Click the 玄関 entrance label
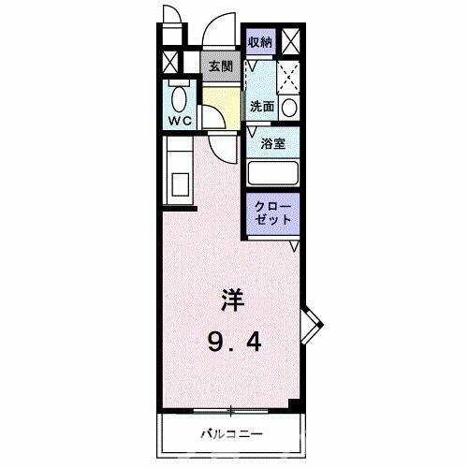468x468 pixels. click(x=220, y=66)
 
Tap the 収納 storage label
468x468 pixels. click(x=261, y=41)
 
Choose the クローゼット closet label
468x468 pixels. click(x=273, y=212)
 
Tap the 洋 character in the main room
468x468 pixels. click(x=233, y=300)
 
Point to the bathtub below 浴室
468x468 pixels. click(x=272, y=174)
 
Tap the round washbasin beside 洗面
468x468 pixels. click(x=290, y=107)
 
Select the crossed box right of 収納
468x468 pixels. click(x=291, y=41)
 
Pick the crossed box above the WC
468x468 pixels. click(x=168, y=65)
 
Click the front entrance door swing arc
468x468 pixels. click(x=221, y=28)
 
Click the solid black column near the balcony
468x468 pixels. click(x=295, y=403)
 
